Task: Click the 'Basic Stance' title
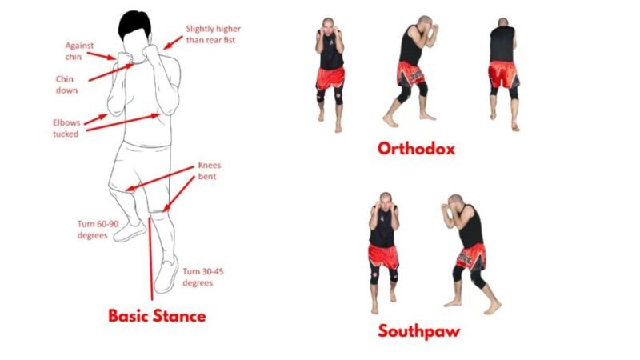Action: coord(157,316)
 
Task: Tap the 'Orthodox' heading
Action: coord(416,149)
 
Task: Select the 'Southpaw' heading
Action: coord(418,331)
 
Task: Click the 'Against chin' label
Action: coord(79,51)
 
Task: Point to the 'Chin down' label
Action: coord(66,85)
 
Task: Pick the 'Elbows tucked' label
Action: coord(66,128)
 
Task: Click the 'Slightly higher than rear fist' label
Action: coord(213,34)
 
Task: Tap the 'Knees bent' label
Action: coord(209,170)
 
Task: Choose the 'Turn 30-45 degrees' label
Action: coord(202,277)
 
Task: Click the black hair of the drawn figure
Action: coord(134,24)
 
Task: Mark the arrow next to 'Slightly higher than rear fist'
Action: coord(173,42)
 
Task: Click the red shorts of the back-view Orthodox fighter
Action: coord(503,74)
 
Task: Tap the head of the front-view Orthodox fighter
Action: coord(328,24)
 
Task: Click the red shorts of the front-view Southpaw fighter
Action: coord(383,256)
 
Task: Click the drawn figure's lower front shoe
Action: coord(166,274)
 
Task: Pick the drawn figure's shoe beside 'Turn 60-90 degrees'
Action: coord(130,232)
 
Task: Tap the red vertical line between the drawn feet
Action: coord(151,258)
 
